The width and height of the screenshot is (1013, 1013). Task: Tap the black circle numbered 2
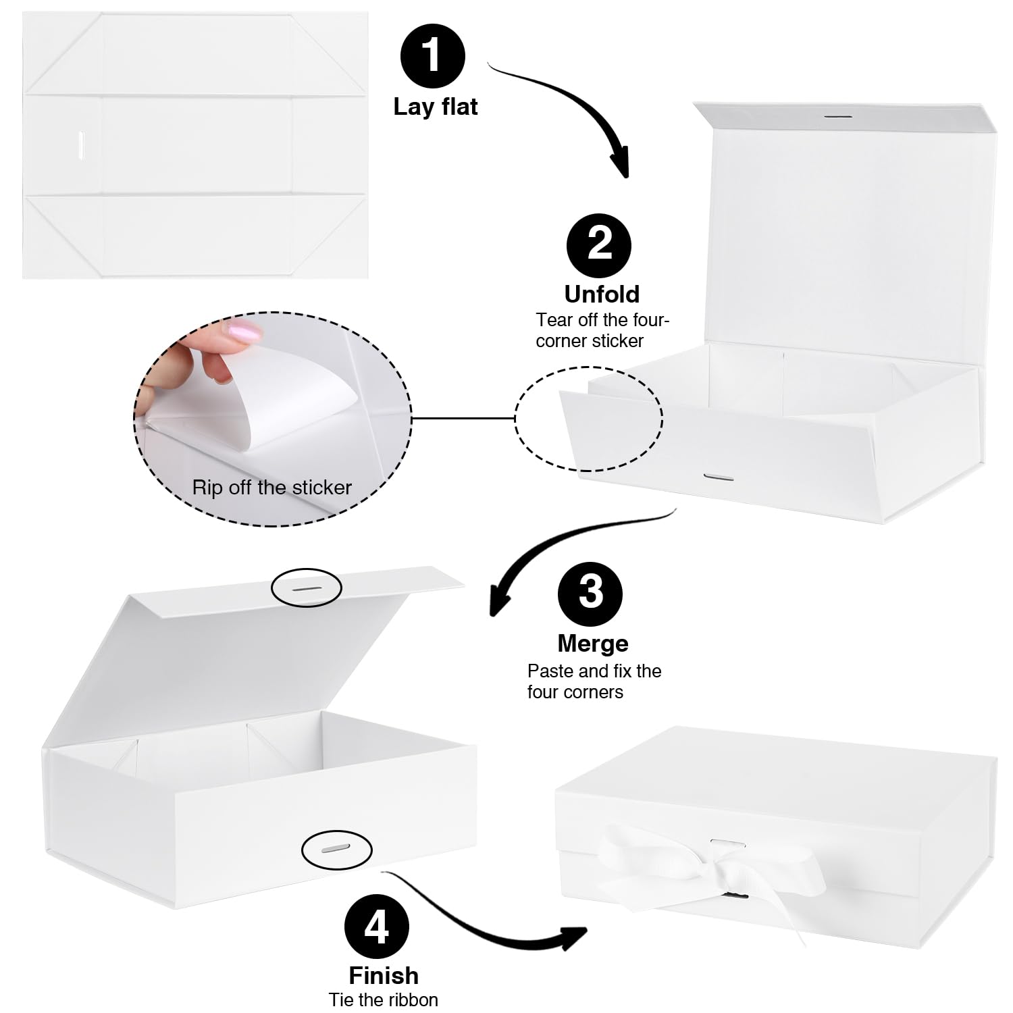[x=598, y=245]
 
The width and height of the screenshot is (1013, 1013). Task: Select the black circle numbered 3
[x=590, y=592]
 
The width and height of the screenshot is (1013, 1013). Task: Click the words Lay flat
[x=436, y=107]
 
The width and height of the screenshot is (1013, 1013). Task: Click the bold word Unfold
[x=602, y=294]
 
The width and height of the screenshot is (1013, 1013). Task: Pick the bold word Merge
[x=593, y=644]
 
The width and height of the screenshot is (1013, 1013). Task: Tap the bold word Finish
[x=384, y=975]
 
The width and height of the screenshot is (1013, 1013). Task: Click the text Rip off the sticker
[x=271, y=488]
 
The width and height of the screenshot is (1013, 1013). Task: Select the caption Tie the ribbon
[x=384, y=999]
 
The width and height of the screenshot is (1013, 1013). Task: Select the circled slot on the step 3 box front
[x=336, y=848]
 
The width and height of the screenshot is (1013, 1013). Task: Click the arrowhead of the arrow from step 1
[x=620, y=165]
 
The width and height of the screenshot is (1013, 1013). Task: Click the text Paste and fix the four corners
[x=593, y=681]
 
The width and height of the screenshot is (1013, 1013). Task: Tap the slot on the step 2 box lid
[x=837, y=117]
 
